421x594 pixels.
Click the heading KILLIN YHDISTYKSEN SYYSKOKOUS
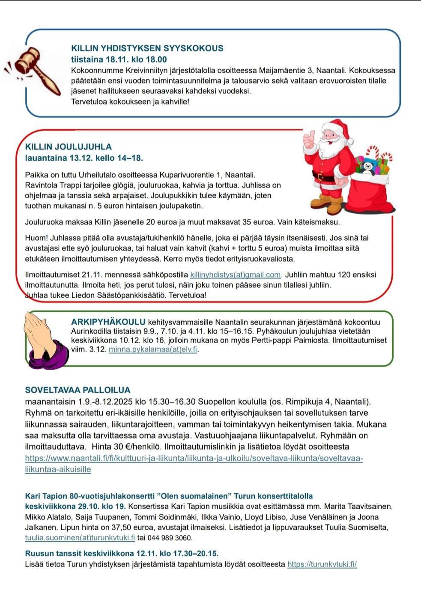147,48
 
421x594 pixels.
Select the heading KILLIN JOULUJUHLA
69,147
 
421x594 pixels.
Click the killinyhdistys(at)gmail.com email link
235,275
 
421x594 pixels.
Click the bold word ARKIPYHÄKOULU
109,322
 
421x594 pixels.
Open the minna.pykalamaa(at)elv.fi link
153,349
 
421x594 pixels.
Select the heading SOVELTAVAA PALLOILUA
78,390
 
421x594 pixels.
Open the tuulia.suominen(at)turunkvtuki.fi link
80,538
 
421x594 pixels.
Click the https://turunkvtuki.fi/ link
322,564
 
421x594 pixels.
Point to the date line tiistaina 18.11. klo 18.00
119,60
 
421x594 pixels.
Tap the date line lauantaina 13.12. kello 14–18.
84,158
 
